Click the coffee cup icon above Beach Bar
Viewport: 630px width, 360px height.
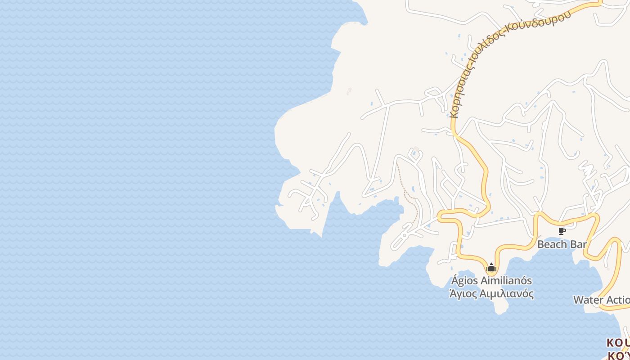(x=562, y=231)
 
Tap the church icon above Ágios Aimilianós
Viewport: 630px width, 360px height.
(x=491, y=268)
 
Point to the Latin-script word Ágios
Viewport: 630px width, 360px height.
(x=464, y=281)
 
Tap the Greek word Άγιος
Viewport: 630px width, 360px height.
(x=463, y=294)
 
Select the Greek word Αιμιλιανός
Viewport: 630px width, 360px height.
(x=506, y=294)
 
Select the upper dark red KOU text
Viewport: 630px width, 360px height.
(x=618, y=342)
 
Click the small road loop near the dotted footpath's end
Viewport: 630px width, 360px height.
(x=415, y=155)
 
